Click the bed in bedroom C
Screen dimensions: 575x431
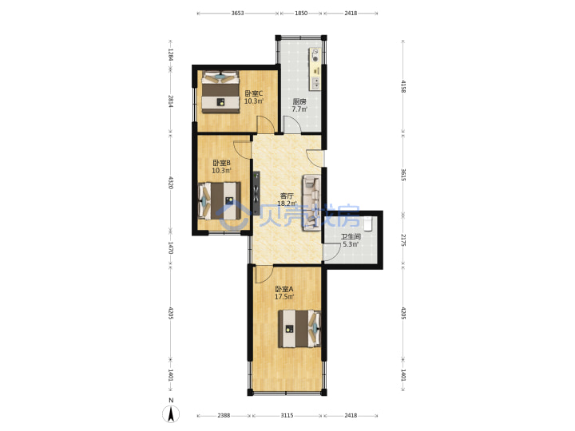tap(220, 92)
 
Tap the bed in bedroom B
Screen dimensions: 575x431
tap(220, 201)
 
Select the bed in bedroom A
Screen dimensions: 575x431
tap(299, 329)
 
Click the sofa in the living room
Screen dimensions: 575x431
tap(311, 203)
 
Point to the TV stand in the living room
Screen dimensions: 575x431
tap(256, 193)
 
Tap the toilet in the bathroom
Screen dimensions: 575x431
tap(368, 223)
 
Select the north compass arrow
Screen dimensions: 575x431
tap(171, 414)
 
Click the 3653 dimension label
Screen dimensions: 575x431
tap(238, 14)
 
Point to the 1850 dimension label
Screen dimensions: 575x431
tap(301, 14)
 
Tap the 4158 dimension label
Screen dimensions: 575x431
tap(403, 86)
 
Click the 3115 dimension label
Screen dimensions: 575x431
tap(287, 415)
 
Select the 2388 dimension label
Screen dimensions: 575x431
tap(224, 415)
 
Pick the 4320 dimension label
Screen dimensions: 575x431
tap(171, 183)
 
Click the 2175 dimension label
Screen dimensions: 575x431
tap(403, 240)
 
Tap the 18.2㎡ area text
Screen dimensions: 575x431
tap(286, 203)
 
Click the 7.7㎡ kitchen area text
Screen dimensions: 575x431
tap(299, 109)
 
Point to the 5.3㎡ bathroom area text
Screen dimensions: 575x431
tap(351, 244)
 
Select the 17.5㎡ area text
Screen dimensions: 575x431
tap(284, 296)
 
